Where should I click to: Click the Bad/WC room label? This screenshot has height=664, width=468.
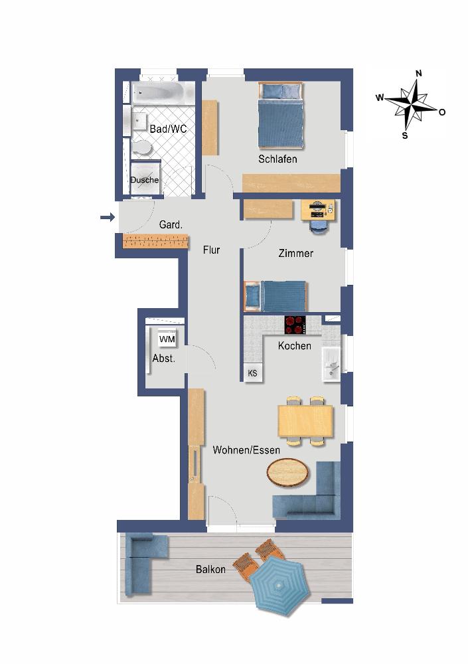click(x=168, y=129)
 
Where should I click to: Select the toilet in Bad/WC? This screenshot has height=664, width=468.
click(x=142, y=148)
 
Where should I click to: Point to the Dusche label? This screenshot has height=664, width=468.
click(x=145, y=180)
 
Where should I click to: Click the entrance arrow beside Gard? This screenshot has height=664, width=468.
click(x=108, y=217)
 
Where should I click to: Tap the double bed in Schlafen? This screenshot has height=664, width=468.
click(x=281, y=115)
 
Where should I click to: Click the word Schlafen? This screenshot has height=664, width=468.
click(x=277, y=159)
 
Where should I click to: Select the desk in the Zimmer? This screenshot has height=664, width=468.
click(x=318, y=210)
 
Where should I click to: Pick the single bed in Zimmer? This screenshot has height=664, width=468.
click(x=275, y=296)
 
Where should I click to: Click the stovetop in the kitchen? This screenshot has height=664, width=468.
click(x=295, y=325)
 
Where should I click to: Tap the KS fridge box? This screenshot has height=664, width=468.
click(x=252, y=373)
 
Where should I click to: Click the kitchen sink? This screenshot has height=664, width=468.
click(x=331, y=365)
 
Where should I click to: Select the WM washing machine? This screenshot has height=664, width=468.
click(x=167, y=339)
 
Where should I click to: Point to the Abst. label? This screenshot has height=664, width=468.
click(x=163, y=359)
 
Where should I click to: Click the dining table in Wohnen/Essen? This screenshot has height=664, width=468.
click(x=305, y=421)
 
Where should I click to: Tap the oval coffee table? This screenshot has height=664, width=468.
click(x=288, y=472)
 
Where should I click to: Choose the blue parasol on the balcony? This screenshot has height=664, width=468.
click(x=278, y=586)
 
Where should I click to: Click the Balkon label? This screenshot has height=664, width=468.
click(x=210, y=570)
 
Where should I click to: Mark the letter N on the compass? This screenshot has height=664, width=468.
click(x=419, y=73)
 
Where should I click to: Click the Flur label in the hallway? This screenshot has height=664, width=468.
click(x=211, y=250)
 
